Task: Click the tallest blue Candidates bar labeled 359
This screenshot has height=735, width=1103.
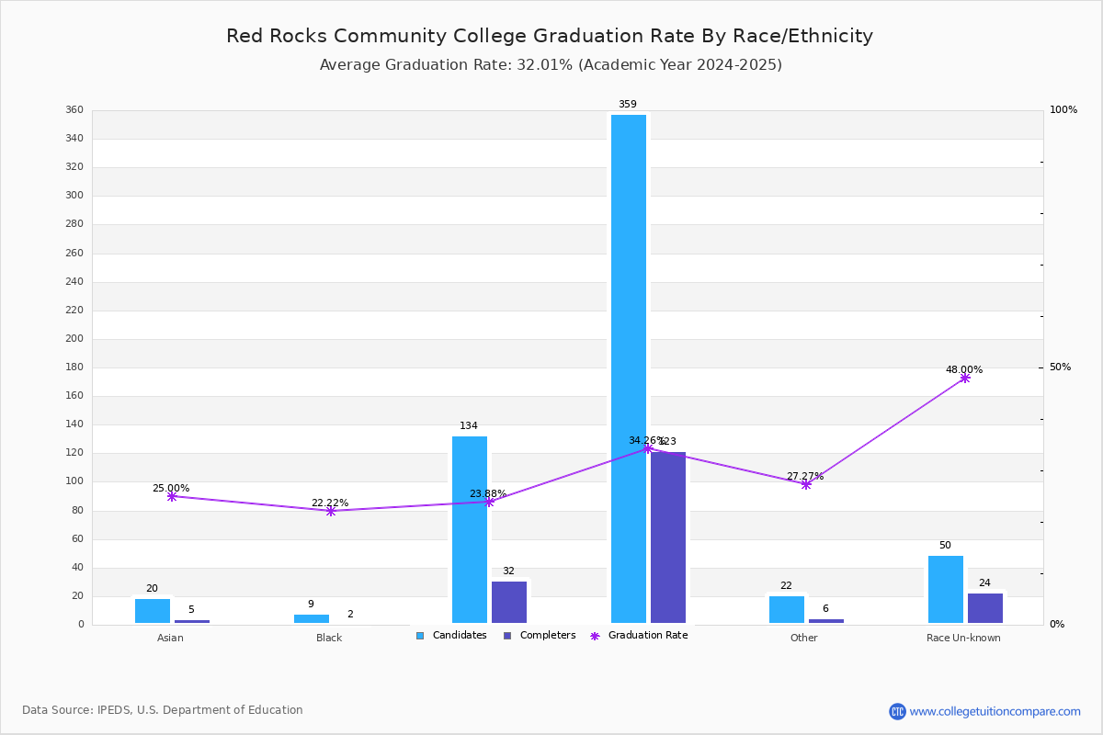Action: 629,367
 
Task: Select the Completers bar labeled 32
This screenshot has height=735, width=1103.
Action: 509,602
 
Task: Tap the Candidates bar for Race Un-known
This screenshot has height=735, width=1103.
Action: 946,589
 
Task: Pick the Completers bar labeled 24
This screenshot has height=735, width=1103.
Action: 985,607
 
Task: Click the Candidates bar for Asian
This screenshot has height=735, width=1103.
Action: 153,611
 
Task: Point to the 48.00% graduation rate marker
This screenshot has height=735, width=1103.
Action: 965,378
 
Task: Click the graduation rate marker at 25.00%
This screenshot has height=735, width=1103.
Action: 172,496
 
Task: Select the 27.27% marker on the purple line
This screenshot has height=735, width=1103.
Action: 806,484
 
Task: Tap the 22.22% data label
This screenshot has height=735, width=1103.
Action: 330,503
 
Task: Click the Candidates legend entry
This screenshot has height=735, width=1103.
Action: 451,636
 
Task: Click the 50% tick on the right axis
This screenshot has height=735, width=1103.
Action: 1060,367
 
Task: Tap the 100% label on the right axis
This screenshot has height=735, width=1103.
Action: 1063,110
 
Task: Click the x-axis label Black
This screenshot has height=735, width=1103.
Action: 329,638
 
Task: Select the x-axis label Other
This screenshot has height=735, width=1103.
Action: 803,638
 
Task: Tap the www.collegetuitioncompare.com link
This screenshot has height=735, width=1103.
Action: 995,711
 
